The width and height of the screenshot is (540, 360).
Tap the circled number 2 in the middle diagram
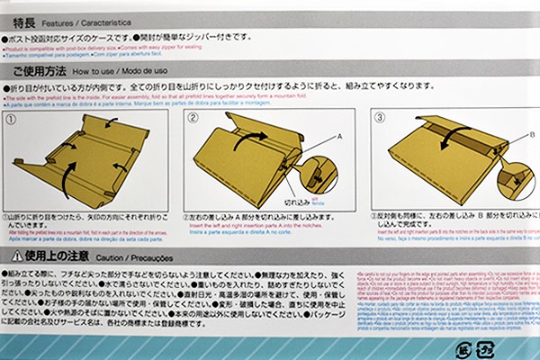pos(193,117)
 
